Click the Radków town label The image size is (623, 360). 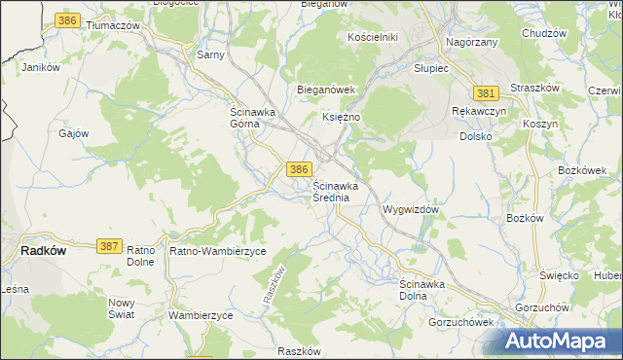coord(43,250)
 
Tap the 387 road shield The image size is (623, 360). coord(109,248)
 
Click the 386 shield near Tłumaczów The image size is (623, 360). coord(67,20)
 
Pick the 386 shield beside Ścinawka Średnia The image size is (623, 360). coord(300,169)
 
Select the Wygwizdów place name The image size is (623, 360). coord(413,209)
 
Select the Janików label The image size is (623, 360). coord(42,68)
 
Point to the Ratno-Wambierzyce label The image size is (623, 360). coord(218,251)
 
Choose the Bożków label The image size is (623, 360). coord(525,218)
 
